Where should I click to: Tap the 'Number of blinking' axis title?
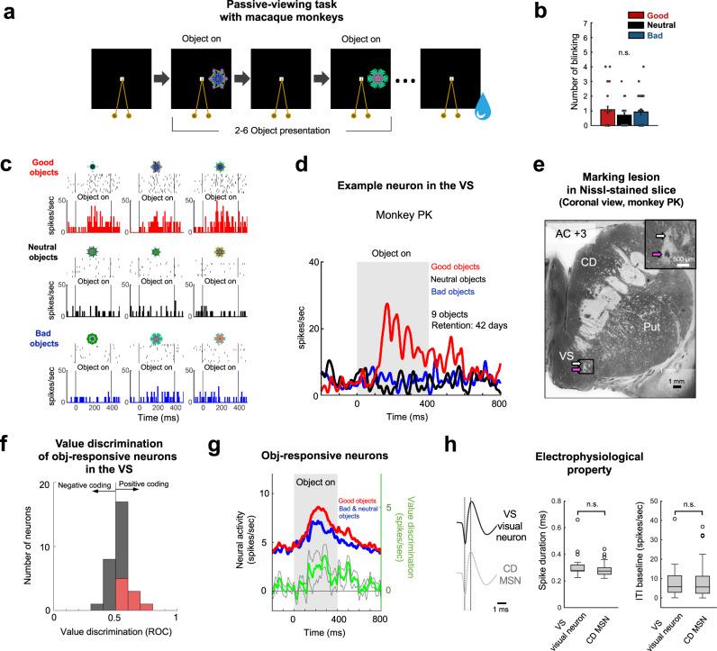point(574,71)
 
